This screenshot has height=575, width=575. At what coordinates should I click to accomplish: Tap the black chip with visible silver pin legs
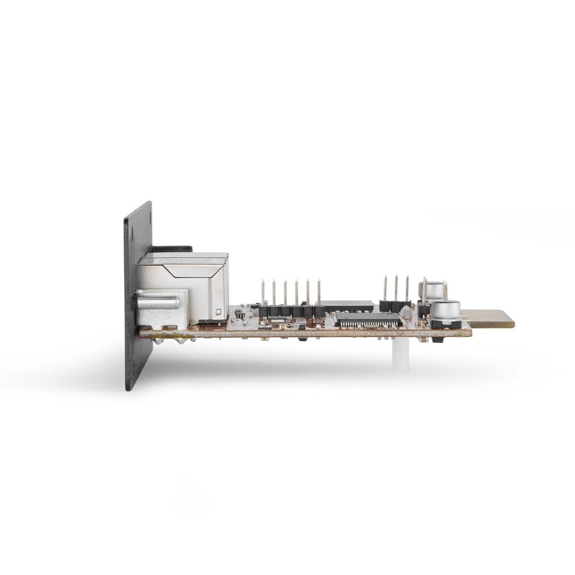coord(369,319)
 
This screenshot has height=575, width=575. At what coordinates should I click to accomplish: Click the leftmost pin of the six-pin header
coord(263,294)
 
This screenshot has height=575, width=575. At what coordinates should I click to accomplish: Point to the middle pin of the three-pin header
coord(396,288)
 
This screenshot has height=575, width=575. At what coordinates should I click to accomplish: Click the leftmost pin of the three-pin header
coord(385,288)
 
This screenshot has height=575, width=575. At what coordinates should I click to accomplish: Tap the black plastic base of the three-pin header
coord(391,305)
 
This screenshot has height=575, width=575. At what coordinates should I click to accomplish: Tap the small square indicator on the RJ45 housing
coord(219,312)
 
